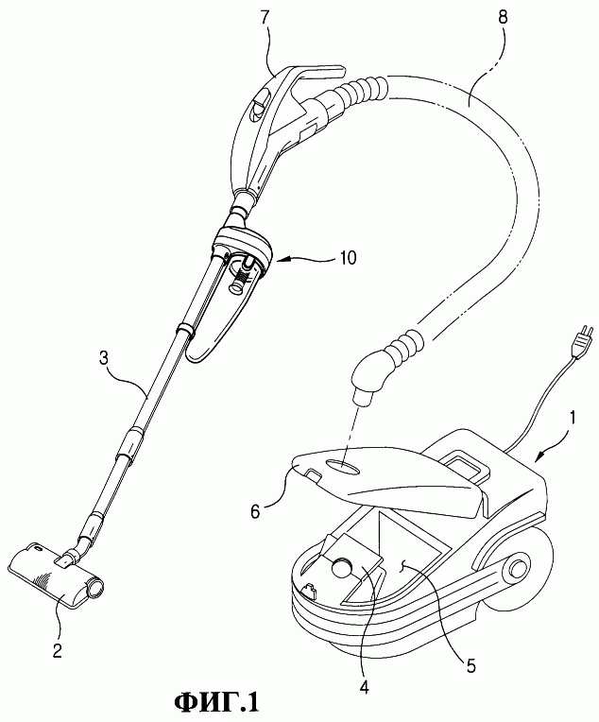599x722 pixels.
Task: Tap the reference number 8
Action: coord(503,18)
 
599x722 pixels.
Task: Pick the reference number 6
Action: coord(257,510)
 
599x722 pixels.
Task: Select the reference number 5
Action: coord(471,665)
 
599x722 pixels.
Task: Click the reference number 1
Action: coord(572,421)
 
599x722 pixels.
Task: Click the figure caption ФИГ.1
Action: coord(216,703)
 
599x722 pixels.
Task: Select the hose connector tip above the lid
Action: coord(365,397)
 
